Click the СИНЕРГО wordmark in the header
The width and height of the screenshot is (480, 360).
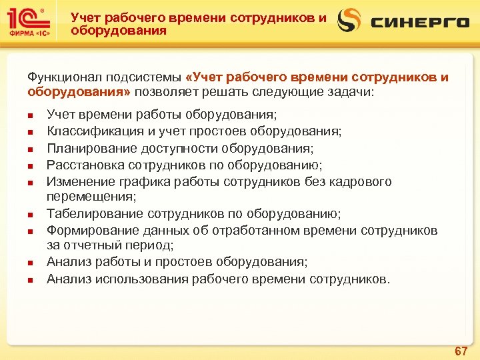click(x=420, y=23)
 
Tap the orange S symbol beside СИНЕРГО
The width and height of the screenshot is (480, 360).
click(x=349, y=21)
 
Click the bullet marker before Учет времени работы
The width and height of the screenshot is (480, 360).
click(x=31, y=116)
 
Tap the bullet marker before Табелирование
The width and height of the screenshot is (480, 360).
click(x=31, y=215)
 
